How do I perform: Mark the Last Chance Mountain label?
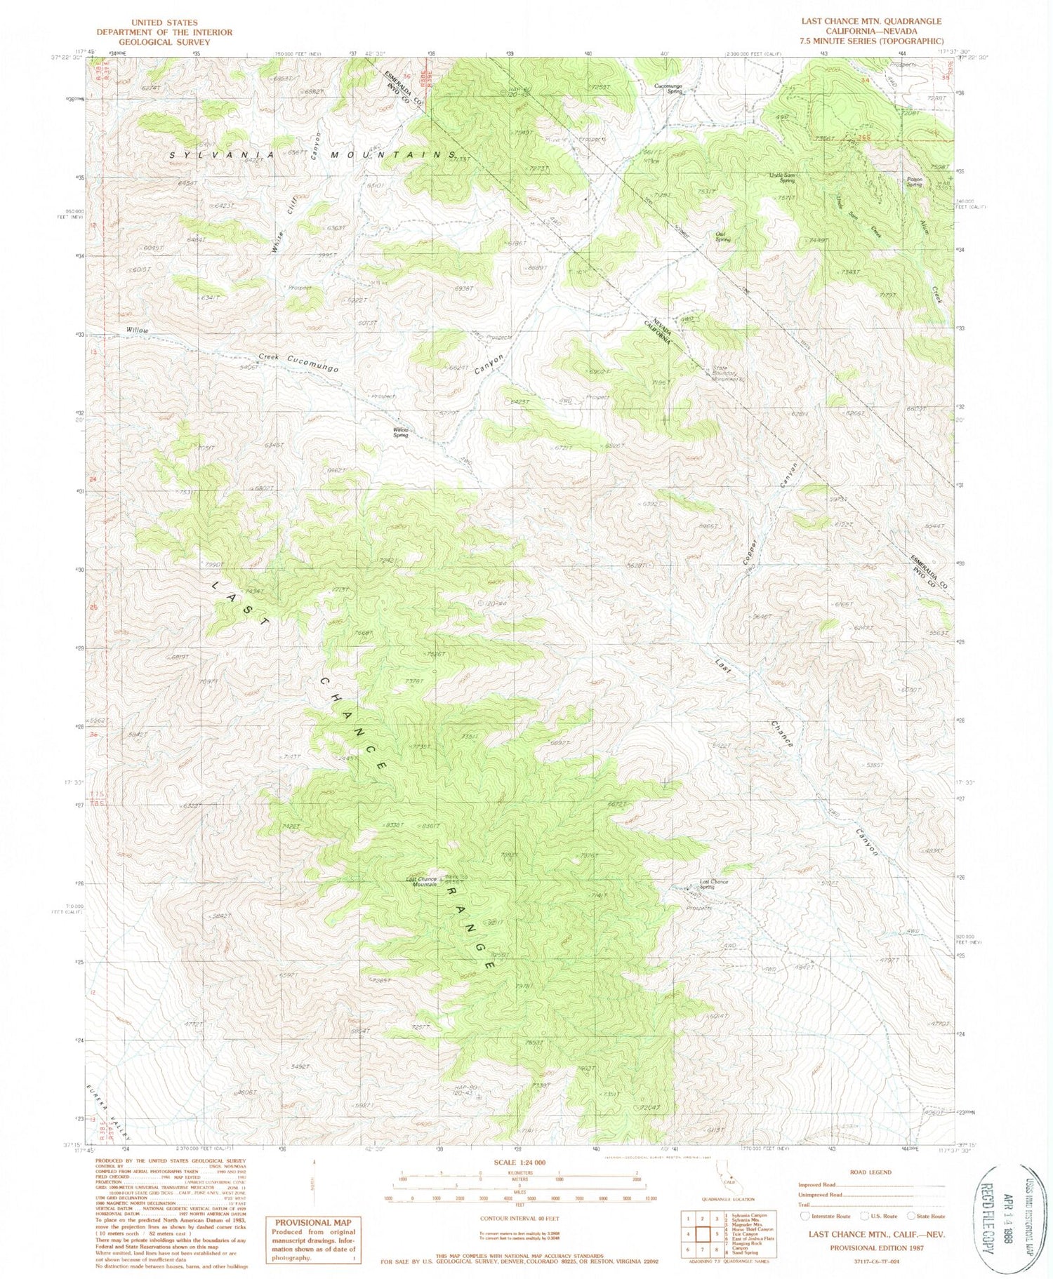click(422, 881)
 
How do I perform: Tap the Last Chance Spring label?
click(713, 884)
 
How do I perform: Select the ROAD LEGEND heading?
click(870, 1172)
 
